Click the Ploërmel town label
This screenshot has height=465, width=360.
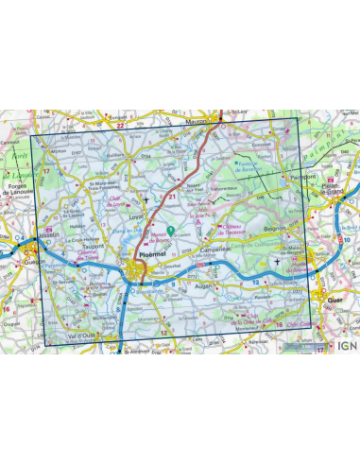coord(151,254)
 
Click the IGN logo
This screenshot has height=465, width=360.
coord(346,346)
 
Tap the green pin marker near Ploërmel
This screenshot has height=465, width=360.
coord(170,230)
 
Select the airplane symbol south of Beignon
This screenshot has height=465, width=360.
coord(276,261)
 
